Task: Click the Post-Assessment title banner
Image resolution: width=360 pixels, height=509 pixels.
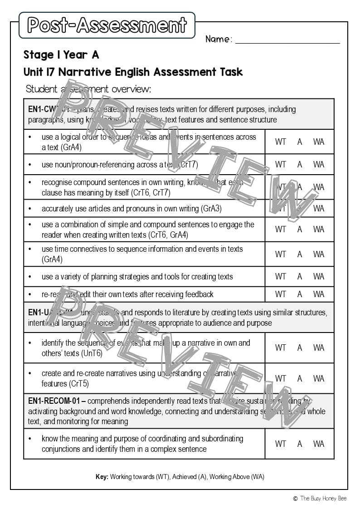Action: [107, 25]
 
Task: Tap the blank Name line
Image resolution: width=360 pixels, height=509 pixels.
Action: [287, 40]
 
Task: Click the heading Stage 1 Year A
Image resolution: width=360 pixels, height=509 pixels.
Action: [61, 55]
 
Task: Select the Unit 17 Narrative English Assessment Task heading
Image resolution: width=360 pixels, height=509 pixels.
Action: [133, 72]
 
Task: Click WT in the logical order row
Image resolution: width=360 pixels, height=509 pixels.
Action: [281, 142]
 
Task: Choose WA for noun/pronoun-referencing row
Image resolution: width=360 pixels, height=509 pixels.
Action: [319, 164]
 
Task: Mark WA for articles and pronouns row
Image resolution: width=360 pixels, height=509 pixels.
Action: [319, 208]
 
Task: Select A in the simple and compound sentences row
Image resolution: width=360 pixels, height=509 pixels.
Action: [300, 229]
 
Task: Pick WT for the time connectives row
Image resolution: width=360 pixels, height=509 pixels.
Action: [281, 254]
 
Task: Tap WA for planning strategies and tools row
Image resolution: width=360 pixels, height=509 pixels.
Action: [319, 276]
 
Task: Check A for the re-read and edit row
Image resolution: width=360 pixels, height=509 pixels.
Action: [300, 294]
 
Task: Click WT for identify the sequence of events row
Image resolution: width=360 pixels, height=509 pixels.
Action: [281, 347]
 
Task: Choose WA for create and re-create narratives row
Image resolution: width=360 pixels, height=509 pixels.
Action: [319, 378]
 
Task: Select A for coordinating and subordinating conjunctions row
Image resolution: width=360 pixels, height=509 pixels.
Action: [300, 444]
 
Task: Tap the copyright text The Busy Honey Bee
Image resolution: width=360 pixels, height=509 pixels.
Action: [323, 498]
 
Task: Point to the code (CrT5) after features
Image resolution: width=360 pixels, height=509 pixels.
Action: [79, 384]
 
